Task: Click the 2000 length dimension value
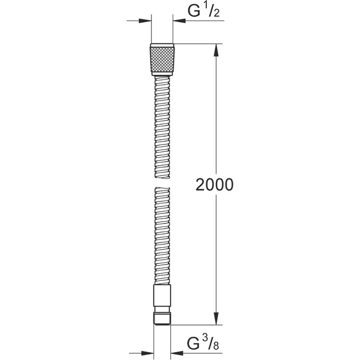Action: [215, 185]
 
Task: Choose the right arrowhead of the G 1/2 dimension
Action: [177, 21]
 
